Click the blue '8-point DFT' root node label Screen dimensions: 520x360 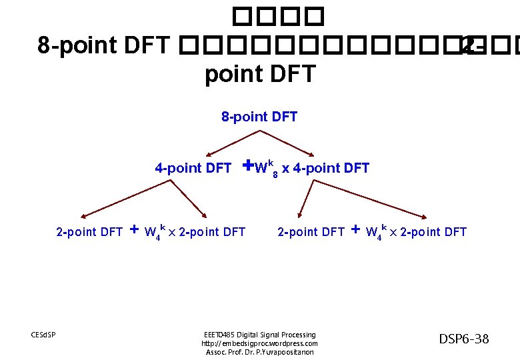pos(259,117)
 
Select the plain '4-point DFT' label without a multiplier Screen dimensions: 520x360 pos(193,168)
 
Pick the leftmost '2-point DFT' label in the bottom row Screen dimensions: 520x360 pos(89,232)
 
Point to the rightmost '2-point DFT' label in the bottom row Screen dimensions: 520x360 pos(433,232)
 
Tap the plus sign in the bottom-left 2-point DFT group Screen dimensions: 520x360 pos(134,230)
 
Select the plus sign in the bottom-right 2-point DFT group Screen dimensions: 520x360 pos(355,230)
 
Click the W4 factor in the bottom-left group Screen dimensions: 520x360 pos(154,233)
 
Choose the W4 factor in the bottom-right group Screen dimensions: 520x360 pos(375,233)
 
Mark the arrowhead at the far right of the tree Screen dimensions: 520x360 pos(423,216)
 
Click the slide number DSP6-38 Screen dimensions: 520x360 pos(463,339)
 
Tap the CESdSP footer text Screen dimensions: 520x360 pos(44,334)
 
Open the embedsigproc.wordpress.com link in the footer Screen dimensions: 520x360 pos(259,343)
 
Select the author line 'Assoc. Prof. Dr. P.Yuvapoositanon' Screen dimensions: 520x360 pos(259,352)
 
